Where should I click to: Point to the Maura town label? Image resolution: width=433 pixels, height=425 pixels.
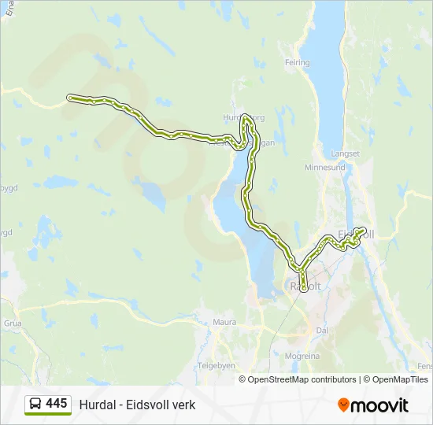(224, 322)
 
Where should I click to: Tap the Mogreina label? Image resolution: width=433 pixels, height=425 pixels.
(303, 356)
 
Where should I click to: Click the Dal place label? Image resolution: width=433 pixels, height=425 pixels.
(321, 331)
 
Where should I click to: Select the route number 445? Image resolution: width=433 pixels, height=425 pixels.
(57, 404)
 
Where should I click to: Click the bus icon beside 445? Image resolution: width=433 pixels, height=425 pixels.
(35, 405)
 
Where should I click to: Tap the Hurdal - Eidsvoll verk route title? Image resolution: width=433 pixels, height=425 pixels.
(137, 405)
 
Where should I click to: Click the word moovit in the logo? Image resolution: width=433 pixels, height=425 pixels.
(379, 405)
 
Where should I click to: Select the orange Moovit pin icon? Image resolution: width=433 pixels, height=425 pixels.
(343, 405)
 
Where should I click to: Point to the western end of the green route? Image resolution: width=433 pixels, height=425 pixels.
(70, 98)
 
